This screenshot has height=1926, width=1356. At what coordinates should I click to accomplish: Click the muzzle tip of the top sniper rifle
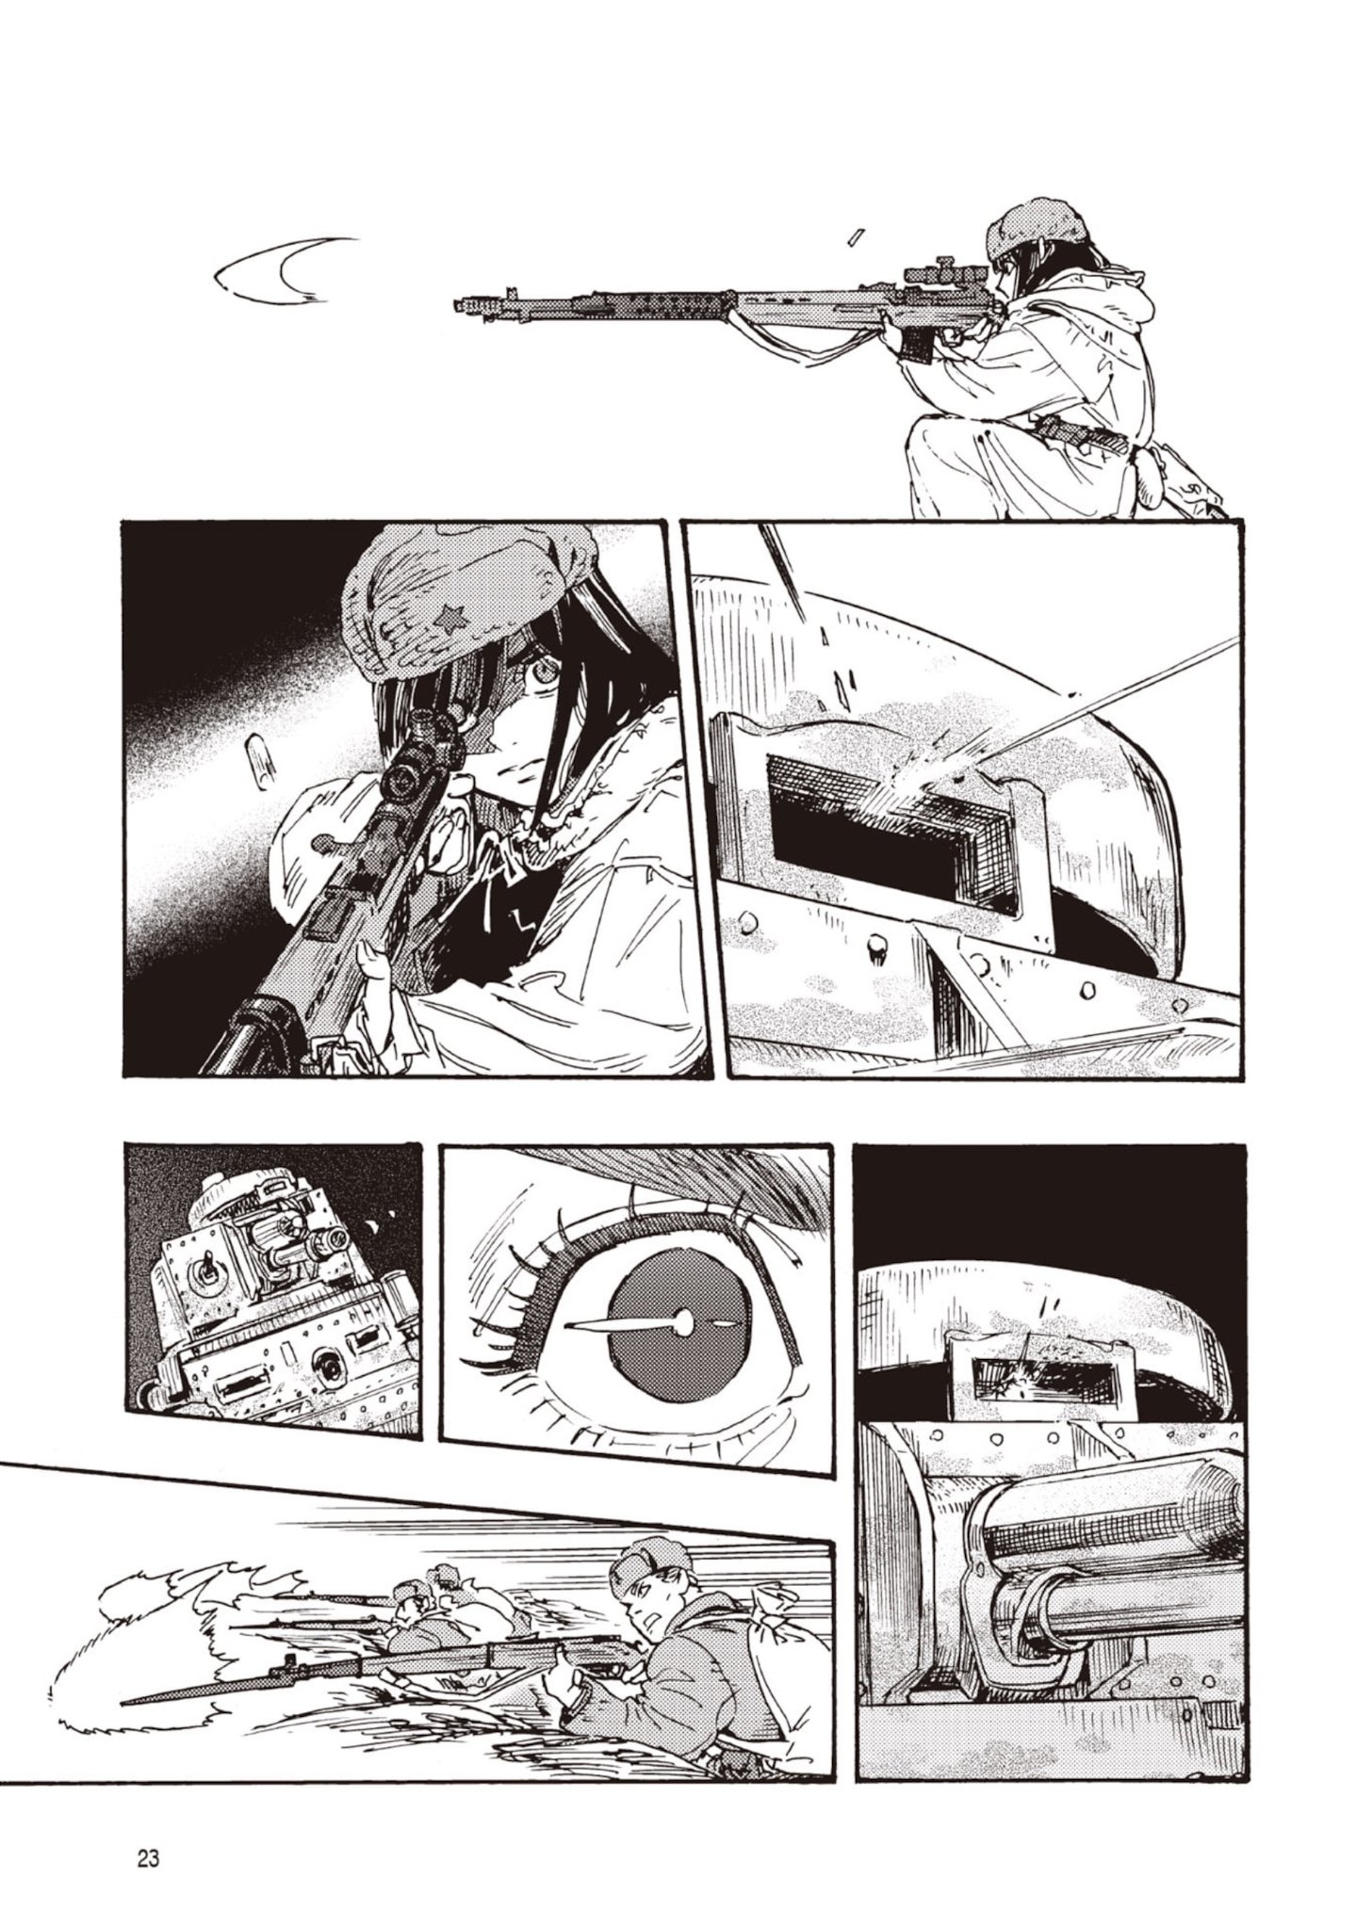[460, 304]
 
